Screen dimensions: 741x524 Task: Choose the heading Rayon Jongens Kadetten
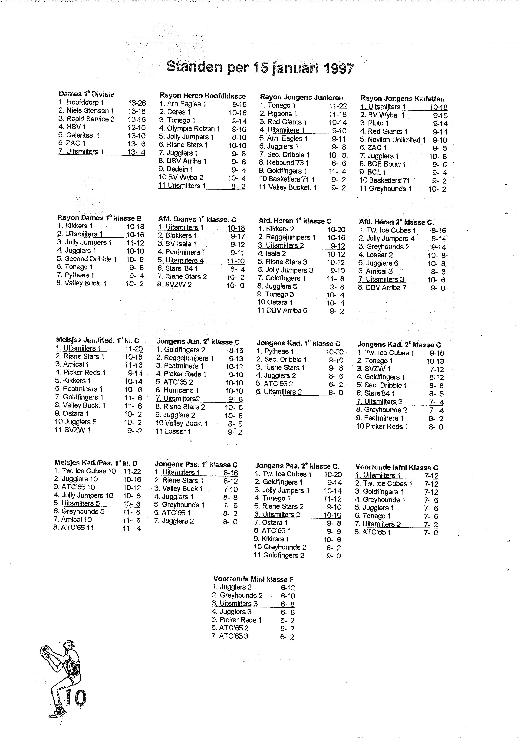402,99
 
